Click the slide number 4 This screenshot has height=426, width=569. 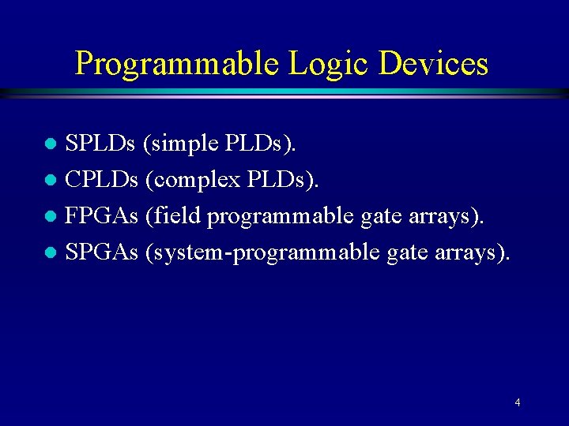point(517,403)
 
